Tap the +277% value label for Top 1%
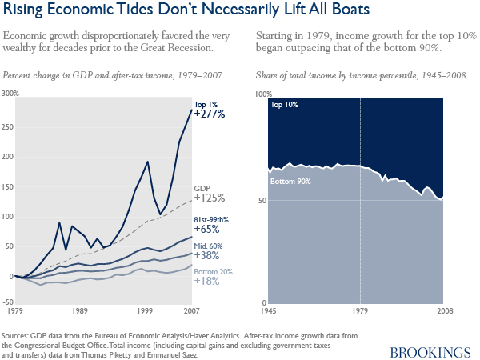pos(210,114)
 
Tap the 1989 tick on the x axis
pos(78,309)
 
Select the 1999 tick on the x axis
pos(143,309)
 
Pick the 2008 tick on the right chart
pos(444,310)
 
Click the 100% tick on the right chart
pos(262,94)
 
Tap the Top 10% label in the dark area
pos(283,105)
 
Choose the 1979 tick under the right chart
pos(360,310)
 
